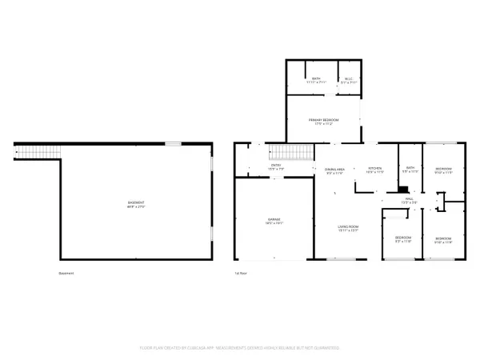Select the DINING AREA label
[x=334, y=170]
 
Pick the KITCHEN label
[x=375, y=170]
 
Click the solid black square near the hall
[x=391, y=190]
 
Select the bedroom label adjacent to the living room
[x=403, y=239]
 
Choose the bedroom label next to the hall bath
[x=443, y=170]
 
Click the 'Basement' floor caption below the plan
[x=66, y=273]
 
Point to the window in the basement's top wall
[x=173, y=143]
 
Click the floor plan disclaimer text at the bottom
[x=240, y=348]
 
